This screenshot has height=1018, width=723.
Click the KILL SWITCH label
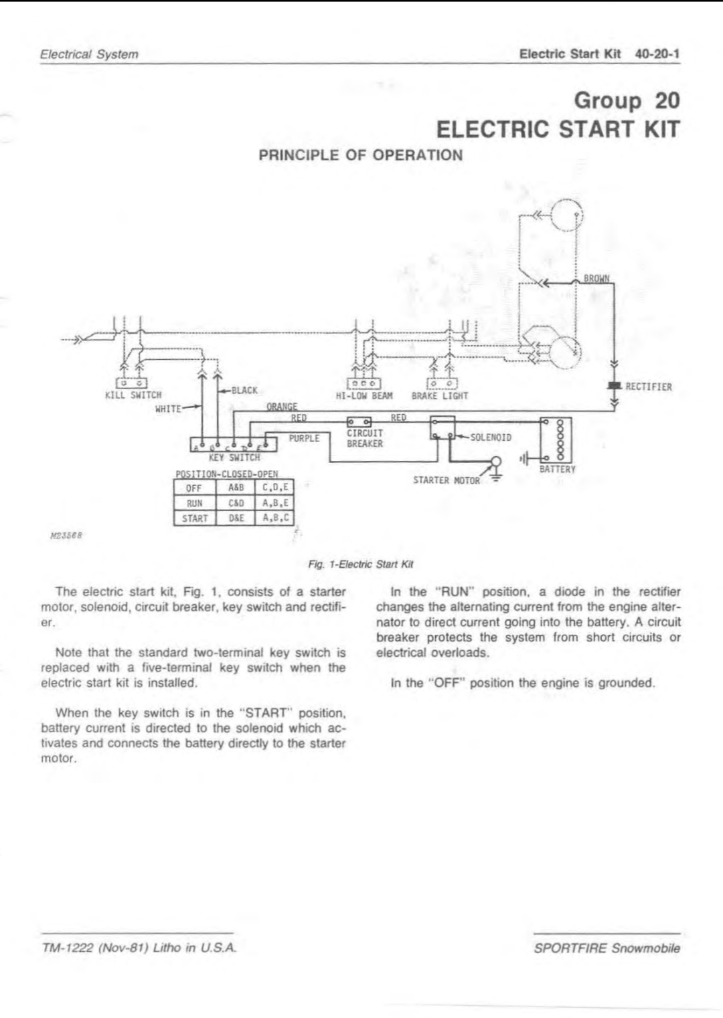(x=133, y=395)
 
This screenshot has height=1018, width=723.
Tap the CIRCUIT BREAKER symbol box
(x=359, y=422)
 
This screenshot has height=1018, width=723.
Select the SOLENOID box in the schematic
(x=443, y=427)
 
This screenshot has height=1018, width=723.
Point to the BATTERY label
(x=557, y=470)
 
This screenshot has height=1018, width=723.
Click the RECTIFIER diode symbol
(x=615, y=386)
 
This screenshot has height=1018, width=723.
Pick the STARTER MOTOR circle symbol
(x=496, y=462)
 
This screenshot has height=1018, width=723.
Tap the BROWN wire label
(x=596, y=278)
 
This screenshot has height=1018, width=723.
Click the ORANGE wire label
(x=282, y=406)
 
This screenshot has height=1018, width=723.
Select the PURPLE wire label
(x=305, y=438)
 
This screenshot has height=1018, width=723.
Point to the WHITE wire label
(x=168, y=409)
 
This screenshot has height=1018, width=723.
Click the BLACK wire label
(x=244, y=391)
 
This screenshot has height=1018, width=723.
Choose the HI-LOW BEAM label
(x=364, y=396)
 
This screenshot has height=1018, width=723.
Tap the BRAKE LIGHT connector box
(x=443, y=384)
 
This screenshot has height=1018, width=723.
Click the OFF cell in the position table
(x=194, y=488)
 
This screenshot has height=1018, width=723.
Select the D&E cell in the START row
(x=236, y=518)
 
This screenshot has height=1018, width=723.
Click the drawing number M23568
(x=66, y=535)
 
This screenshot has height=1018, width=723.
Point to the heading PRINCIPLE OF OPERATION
(x=361, y=155)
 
